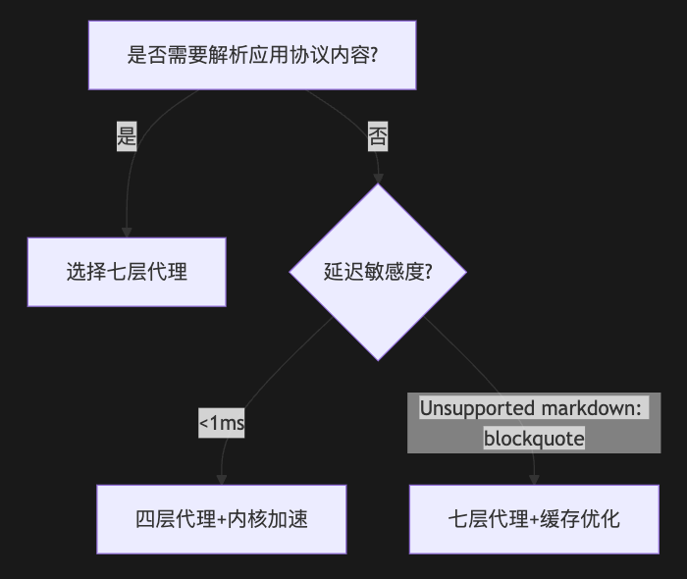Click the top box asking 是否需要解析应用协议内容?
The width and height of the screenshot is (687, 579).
[x=252, y=54]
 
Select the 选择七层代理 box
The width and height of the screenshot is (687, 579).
[x=127, y=272]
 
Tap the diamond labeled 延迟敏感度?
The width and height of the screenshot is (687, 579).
[x=378, y=272]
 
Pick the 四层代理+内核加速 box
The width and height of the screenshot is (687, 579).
[x=222, y=519]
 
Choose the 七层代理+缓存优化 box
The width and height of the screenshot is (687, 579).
[x=534, y=519]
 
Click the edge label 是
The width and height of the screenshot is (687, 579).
[x=127, y=136]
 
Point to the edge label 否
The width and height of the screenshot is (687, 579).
[x=378, y=136]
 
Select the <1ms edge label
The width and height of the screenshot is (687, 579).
[x=222, y=423]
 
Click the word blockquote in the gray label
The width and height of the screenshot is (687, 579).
[x=534, y=439]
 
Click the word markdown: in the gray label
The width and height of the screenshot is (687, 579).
[x=601, y=408]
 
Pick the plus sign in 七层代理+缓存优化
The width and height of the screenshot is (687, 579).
[x=534, y=519]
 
